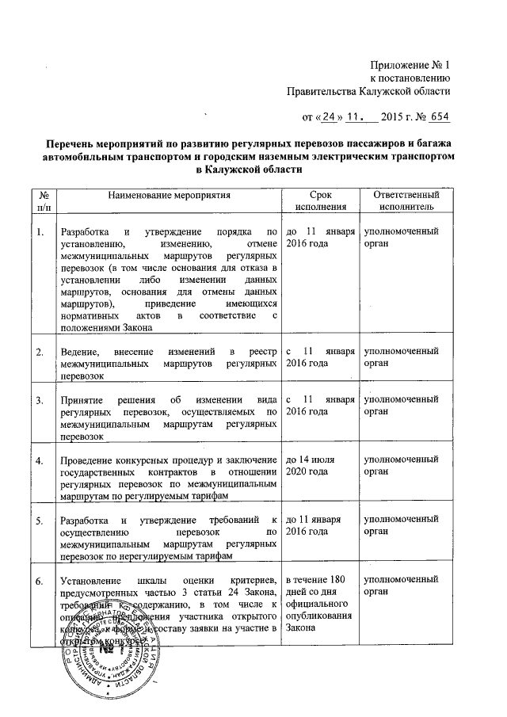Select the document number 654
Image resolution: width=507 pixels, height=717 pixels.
(x=437, y=118)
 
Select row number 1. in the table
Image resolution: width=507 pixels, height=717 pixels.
(x=40, y=231)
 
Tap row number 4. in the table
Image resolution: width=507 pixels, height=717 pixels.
(x=40, y=460)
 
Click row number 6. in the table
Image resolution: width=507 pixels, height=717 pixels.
(x=40, y=583)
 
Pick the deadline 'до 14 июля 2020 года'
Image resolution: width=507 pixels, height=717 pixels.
(x=314, y=465)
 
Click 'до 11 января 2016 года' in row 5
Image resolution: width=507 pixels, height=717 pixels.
(x=314, y=525)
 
